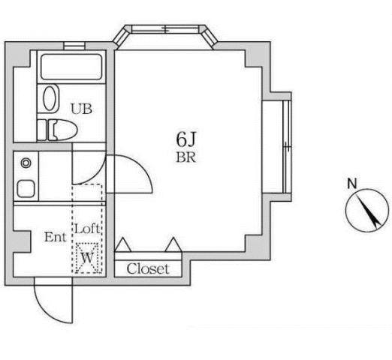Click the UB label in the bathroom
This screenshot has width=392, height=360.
point(81,109)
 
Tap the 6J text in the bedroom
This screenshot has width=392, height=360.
point(185,139)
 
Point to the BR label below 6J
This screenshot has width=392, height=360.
point(185,157)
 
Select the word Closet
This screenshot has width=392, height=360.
point(148,269)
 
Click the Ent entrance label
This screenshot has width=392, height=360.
point(56,237)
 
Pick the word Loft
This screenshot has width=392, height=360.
point(87,229)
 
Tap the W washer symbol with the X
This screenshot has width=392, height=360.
point(87,258)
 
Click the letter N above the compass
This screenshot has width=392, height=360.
point(352,184)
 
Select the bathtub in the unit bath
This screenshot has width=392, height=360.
point(71,67)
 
